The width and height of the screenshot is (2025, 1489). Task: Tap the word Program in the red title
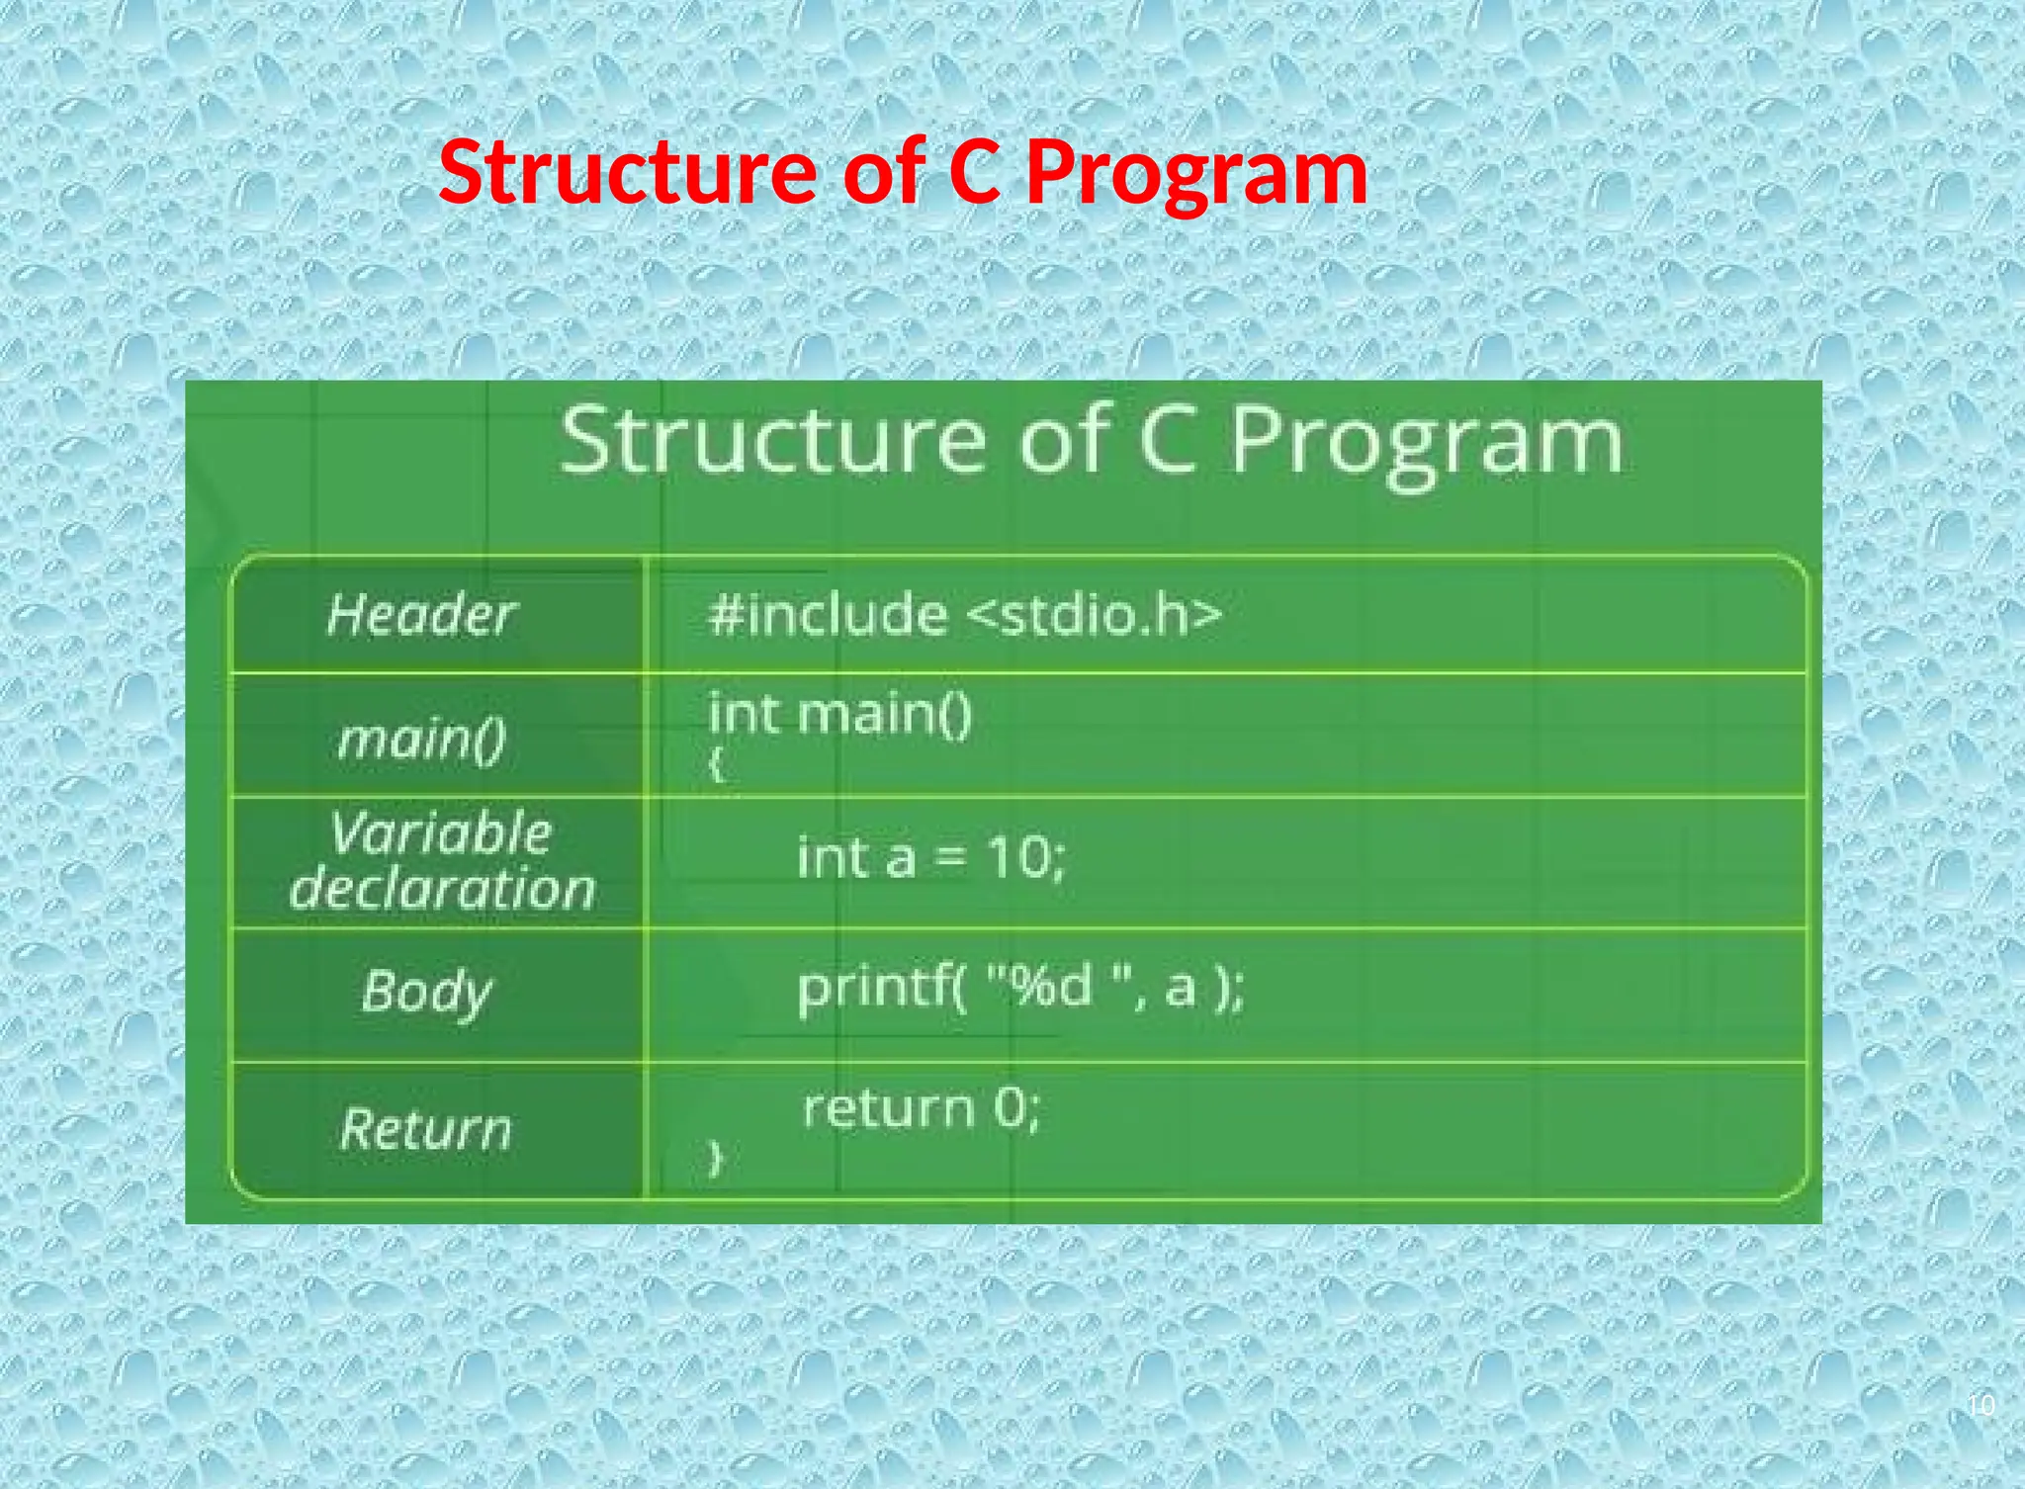tap(1196, 173)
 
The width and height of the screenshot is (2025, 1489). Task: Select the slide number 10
tap(1981, 1405)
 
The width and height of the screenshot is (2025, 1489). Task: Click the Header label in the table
tap(421, 615)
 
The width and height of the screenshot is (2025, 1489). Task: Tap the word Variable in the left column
tap(440, 832)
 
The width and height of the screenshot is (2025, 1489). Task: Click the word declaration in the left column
tap(442, 888)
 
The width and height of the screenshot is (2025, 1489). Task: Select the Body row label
tap(426, 992)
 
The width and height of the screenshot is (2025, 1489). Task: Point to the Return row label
tap(426, 1129)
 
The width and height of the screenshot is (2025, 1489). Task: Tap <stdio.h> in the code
tap(1094, 615)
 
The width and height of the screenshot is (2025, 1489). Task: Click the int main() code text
tap(840, 713)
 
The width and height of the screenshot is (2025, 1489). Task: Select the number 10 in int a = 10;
tap(1018, 856)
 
